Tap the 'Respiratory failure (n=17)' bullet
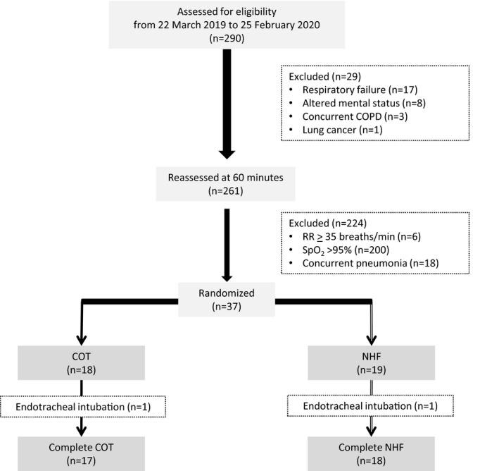352,90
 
